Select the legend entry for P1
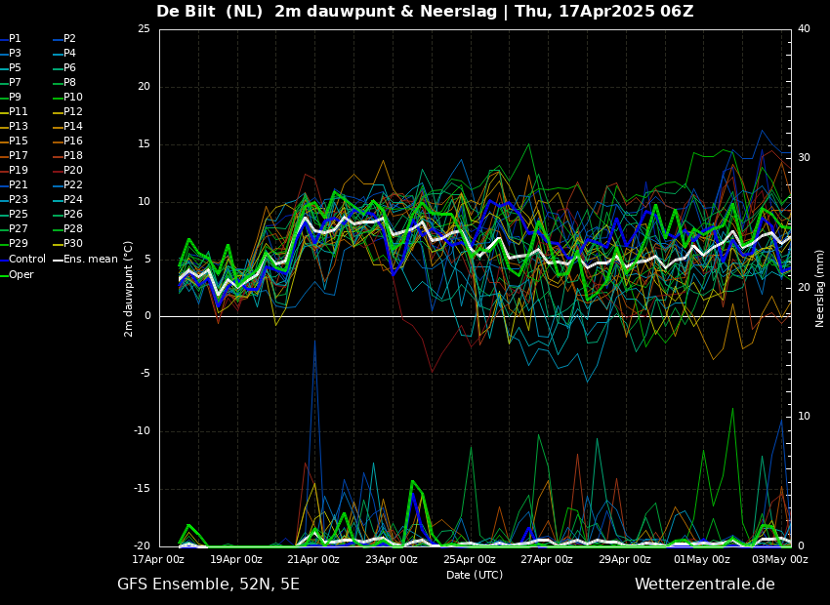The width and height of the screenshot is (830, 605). [15, 39]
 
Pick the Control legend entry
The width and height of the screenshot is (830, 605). [26, 259]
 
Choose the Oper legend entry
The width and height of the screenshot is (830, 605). [21, 274]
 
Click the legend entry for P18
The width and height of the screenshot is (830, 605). [73, 156]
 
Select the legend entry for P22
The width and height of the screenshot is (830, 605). [73, 185]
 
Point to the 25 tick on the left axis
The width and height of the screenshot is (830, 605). [144, 29]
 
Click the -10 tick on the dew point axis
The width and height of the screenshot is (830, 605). [142, 431]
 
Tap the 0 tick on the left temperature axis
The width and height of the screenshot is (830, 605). [146, 316]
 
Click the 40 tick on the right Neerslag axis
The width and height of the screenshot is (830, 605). [804, 29]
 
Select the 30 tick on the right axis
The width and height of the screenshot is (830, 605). [804, 158]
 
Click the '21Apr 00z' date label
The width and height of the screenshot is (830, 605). [313, 559]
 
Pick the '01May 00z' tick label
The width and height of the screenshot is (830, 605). [702, 559]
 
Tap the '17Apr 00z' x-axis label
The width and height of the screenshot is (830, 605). [158, 559]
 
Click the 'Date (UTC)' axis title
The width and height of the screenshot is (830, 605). [475, 575]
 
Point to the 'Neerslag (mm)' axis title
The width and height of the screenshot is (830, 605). [820, 288]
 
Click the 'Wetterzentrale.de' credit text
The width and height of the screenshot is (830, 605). [704, 585]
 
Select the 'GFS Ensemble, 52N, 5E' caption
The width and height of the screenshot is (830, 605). [208, 585]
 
